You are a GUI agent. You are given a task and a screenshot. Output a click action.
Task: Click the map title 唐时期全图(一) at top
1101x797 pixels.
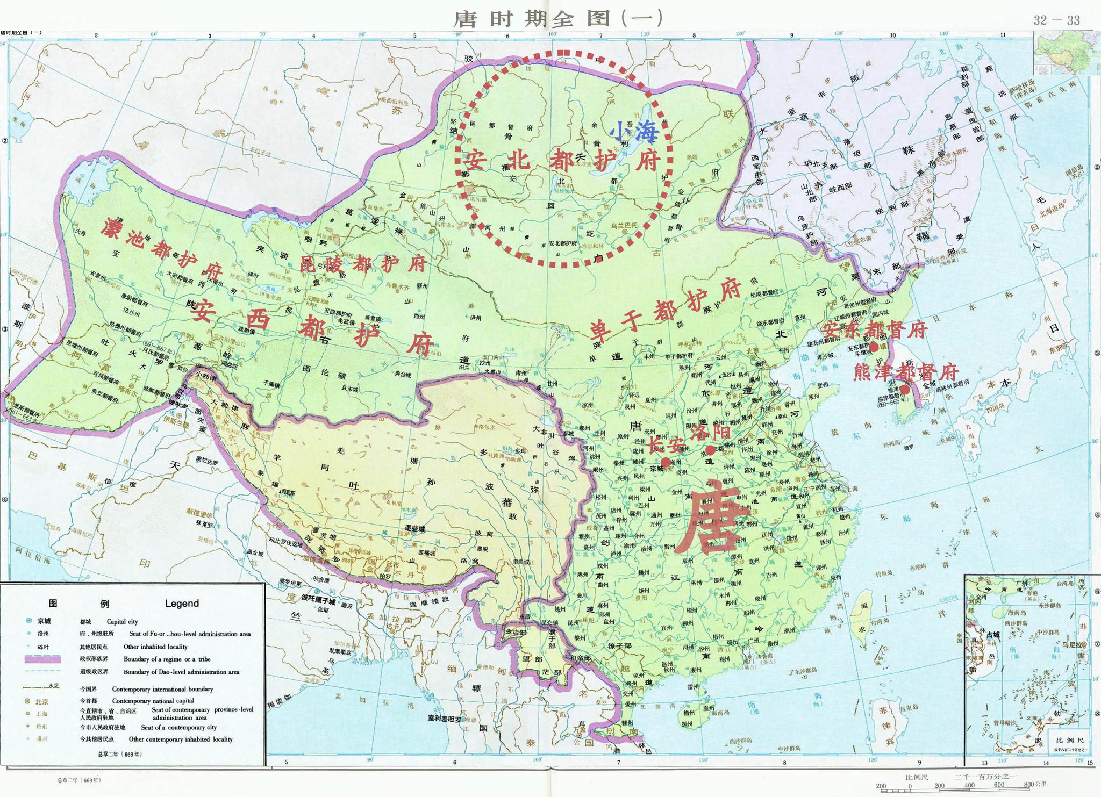click(x=558, y=18)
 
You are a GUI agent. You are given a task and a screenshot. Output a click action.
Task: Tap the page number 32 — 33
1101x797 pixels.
click(x=1056, y=20)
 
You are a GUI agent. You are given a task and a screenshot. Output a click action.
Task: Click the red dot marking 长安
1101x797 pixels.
click(x=666, y=462)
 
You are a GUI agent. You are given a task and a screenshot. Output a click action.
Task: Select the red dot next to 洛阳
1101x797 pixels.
click(x=710, y=450)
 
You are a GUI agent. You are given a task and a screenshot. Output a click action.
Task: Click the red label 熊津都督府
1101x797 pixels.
click(x=905, y=372)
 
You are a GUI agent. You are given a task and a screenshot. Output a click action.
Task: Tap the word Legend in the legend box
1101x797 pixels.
click(x=182, y=604)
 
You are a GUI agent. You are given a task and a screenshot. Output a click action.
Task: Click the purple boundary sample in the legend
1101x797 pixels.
click(x=42, y=659)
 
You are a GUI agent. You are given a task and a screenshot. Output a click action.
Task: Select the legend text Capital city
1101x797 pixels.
click(x=122, y=621)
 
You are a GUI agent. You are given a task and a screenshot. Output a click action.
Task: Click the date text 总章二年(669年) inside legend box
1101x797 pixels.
click(x=119, y=754)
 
